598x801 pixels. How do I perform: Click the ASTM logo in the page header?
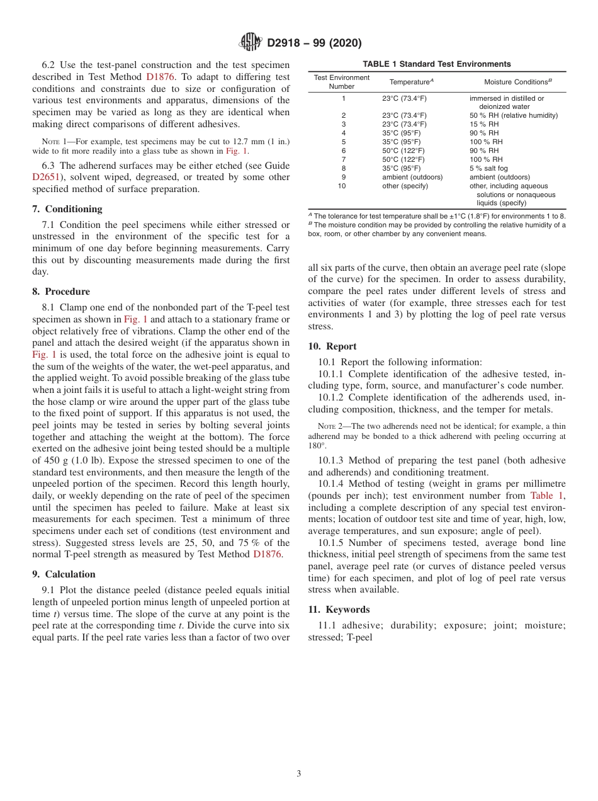click(x=251, y=43)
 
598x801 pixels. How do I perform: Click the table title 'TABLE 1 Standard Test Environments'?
click(x=437, y=64)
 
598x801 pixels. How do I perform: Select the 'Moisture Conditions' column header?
click(x=517, y=82)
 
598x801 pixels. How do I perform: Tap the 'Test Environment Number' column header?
click(x=342, y=82)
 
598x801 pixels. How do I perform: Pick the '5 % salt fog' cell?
click(x=489, y=168)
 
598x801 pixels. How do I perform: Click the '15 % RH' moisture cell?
click(x=484, y=124)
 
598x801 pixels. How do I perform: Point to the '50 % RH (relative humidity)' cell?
click(x=514, y=115)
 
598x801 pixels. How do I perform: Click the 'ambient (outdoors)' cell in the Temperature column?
click(x=412, y=177)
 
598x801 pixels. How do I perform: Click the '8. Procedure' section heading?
click(x=61, y=292)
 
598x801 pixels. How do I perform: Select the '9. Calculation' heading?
click(x=64, y=574)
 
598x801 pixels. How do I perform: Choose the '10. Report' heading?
click(x=332, y=346)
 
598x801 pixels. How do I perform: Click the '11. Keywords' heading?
click(x=339, y=610)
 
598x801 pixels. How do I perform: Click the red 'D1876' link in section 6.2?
click(x=160, y=77)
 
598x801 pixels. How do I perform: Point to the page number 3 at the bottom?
click(x=299, y=773)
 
